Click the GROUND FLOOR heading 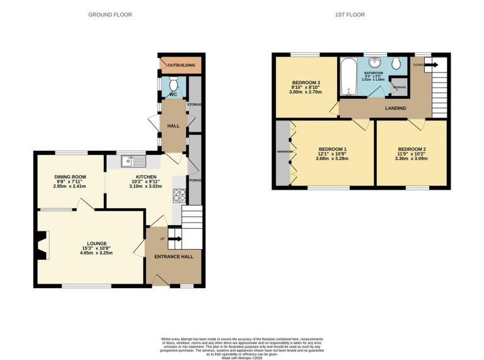point(110,15)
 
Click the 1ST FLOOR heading point(350,15)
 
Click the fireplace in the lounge point(42,245)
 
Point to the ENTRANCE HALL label point(173,257)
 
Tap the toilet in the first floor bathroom point(396,63)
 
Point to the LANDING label point(396,108)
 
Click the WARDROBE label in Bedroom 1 point(281,152)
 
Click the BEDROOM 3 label point(306,83)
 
